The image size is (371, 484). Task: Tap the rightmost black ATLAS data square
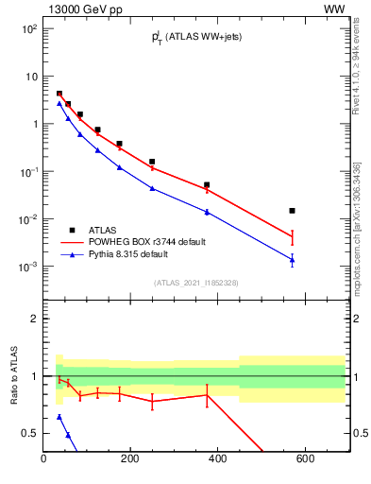click(x=293, y=211)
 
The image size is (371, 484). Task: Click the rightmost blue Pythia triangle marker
click(x=293, y=260)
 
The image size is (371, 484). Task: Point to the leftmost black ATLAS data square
click(x=59, y=94)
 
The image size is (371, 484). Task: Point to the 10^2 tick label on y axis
click(x=29, y=29)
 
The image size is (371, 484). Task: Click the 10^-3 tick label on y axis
click(x=29, y=268)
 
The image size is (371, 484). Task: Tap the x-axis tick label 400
click(x=218, y=459)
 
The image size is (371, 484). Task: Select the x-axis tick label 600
click(x=305, y=459)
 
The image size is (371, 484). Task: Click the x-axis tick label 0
click(x=43, y=459)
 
